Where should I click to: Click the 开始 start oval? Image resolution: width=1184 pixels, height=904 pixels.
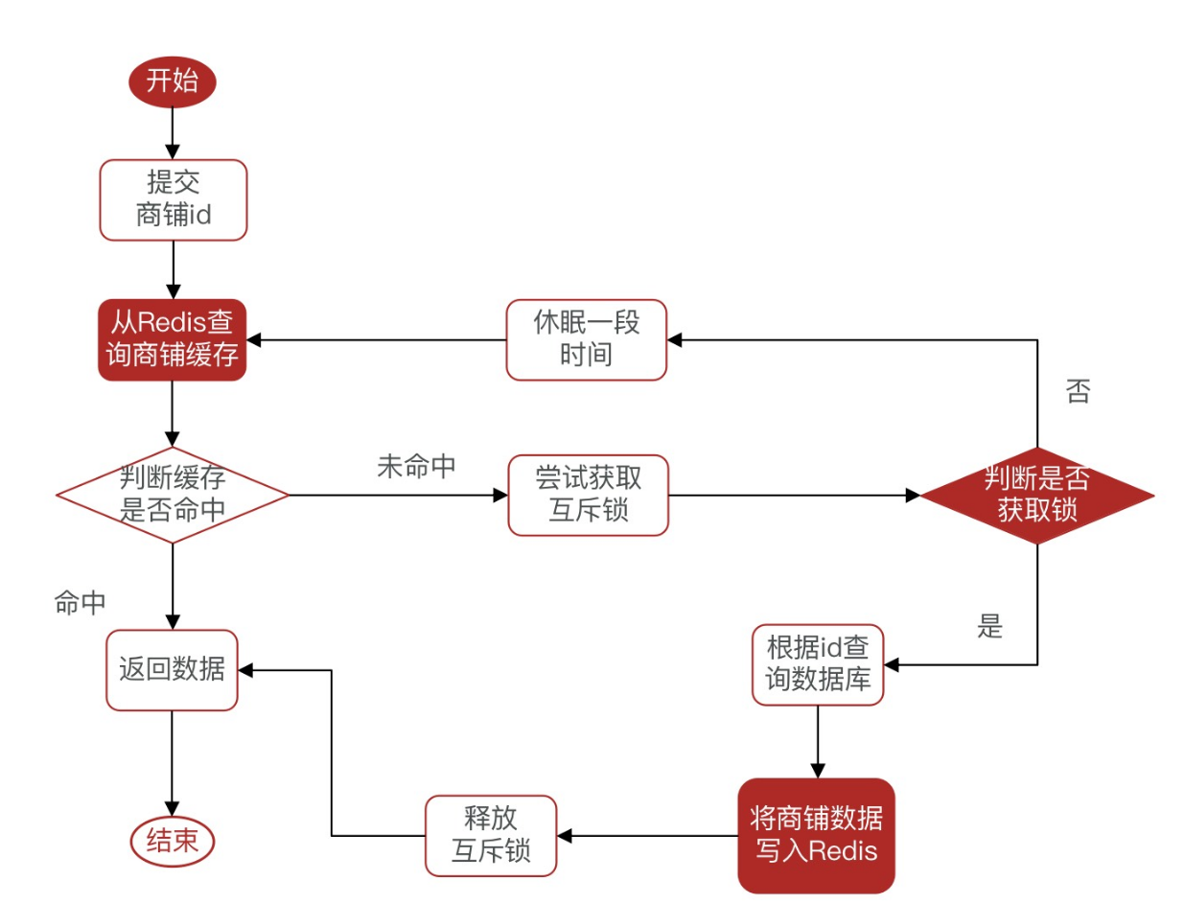(x=173, y=81)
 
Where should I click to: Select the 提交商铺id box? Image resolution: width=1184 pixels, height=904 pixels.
(x=173, y=199)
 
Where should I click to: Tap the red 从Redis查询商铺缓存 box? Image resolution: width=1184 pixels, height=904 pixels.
(x=173, y=340)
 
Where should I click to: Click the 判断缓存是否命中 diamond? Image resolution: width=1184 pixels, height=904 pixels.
(x=173, y=495)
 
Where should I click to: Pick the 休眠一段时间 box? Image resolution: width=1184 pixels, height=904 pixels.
(x=587, y=339)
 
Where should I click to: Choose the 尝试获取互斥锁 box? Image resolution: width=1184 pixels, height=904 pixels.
(x=587, y=496)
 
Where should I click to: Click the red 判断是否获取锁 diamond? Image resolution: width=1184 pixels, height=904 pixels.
(x=1036, y=495)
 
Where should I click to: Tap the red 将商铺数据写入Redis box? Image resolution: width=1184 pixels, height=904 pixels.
(x=816, y=835)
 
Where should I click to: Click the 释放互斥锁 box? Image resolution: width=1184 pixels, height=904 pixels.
(x=491, y=835)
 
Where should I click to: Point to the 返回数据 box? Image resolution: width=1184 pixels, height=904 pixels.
(x=173, y=669)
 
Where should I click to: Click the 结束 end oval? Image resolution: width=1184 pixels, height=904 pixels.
(x=173, y=842)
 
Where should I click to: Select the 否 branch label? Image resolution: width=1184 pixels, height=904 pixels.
(x=1078, y=392)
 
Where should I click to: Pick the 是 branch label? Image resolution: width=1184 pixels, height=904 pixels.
(x=989, y=628)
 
